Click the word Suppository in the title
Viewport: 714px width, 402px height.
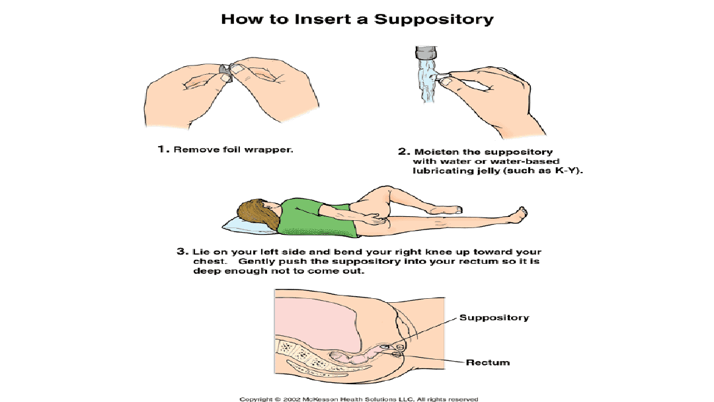tap(434, 20)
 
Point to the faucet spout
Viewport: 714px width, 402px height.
tap(426, 53)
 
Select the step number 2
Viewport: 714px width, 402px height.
tap(403, 151)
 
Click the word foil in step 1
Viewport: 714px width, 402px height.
tap(232, 149)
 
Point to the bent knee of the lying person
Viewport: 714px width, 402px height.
tap(386, 188)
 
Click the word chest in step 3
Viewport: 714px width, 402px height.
tap(208, 261)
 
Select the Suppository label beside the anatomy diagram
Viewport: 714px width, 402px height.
tap(494, 317)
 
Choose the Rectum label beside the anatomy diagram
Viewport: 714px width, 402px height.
tap(488, 362)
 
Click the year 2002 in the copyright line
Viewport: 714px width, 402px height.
tap(292, 399)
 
